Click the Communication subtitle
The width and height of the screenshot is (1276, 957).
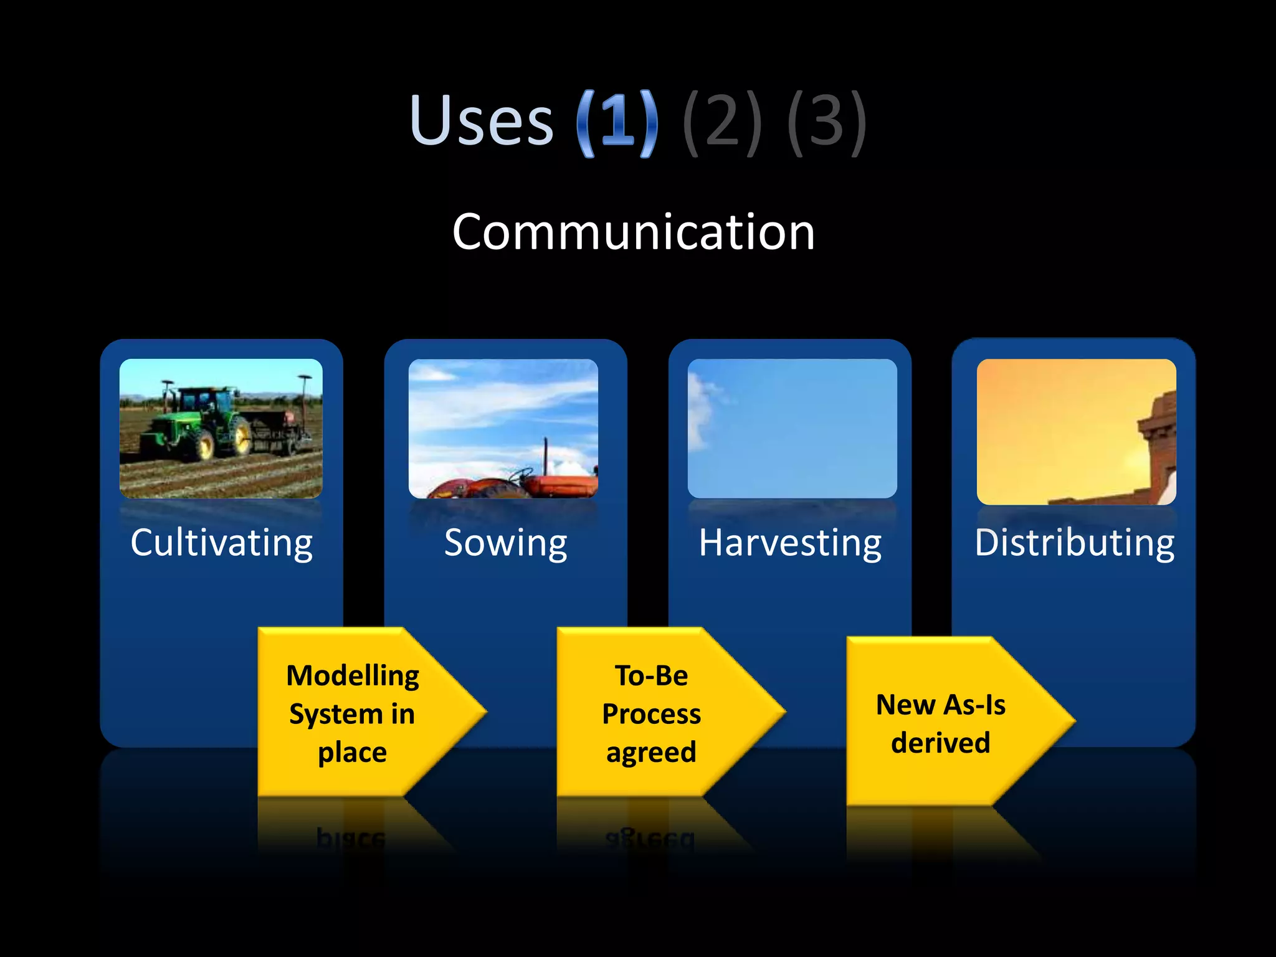coord(634,232)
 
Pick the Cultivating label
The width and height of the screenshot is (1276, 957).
coord(222,543)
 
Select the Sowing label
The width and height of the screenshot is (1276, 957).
coord(505,543)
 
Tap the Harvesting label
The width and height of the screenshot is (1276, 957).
coord(790,543)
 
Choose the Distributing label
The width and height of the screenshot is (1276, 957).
coord(1074,543)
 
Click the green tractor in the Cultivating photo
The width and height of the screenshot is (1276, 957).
coord(199,421)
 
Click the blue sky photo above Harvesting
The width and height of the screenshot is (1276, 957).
coord(793,429)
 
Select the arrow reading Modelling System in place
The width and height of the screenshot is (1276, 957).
coord(368,712)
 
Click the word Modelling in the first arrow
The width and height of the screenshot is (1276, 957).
coord(353,675)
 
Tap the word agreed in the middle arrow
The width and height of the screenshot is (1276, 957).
coord(651,752)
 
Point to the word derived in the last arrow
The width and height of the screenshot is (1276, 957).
coord(940,743)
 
